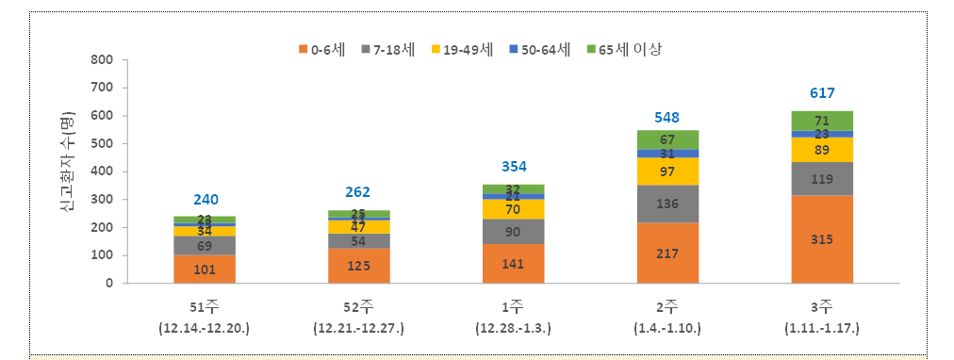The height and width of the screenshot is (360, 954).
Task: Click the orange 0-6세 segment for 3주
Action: (x=822, y=239)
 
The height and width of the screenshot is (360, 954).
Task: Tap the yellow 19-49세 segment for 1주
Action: (x=513, y=208)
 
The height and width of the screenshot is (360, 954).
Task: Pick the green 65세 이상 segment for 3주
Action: (x=822, y=121)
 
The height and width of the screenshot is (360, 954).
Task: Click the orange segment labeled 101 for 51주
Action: (x=205, y=269)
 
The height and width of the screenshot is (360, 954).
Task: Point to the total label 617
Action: (x=822, y=93)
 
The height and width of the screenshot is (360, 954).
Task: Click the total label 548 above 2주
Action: (x=667, y=118)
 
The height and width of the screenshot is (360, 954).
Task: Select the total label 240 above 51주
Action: (x=205, y=199)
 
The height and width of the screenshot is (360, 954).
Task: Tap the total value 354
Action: (x=513, y=167)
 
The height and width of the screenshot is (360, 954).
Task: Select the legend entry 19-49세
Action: (x=465, y=48)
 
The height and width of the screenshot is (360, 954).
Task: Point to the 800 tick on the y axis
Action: (x=101, y=60)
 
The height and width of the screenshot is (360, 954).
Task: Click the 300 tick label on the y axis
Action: (x=101, y=200)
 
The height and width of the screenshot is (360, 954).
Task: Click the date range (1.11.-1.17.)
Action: (x=822, y=328)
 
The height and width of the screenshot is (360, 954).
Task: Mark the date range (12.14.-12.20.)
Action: (x=205, y=328)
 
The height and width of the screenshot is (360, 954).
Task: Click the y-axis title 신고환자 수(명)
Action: (x=67, y=171)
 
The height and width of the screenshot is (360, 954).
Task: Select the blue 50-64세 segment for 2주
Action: (x=667, y=153)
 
